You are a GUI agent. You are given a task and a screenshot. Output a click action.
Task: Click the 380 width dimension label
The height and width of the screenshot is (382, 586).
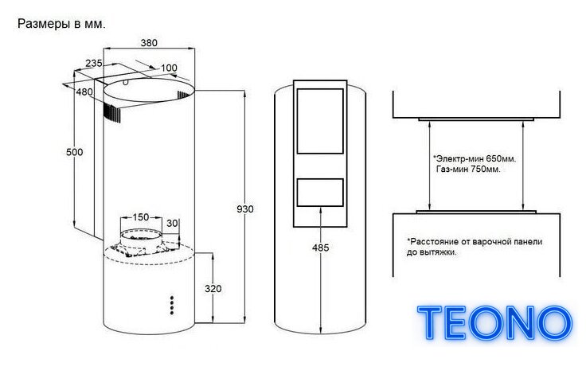coord(149,43)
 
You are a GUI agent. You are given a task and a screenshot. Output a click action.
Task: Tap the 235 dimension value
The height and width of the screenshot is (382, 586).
coord(93,64)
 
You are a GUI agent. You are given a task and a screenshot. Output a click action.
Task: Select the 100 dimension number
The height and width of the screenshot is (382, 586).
coord(169,68)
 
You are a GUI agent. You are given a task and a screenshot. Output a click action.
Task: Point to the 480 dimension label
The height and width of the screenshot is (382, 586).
coord(84,92)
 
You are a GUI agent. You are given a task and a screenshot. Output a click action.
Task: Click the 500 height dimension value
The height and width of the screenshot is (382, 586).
coord(74,152)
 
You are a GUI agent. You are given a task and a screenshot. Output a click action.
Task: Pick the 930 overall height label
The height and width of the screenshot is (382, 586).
coord(245,209)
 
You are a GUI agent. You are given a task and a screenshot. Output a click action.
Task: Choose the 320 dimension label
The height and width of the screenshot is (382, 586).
coord(213,289)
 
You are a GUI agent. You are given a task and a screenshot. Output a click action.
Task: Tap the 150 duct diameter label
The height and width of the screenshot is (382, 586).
coord(140,217)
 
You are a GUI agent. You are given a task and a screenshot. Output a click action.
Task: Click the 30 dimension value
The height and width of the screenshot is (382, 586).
coord(172,224)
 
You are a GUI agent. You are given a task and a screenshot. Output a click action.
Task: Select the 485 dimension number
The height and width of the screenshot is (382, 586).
coord(321,248)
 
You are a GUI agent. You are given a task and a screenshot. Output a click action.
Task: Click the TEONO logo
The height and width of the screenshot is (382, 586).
coord(494,323)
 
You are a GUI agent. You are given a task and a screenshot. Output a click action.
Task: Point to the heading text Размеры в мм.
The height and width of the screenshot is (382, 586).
coord(61,24)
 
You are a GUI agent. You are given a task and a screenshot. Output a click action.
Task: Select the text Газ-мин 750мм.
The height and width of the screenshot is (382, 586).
coord(468,170)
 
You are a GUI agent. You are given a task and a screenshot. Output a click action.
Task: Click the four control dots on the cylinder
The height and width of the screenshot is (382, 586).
coord(172,306)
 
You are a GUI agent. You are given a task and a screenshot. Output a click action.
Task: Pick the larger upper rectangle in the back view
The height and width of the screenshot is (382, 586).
coord(320,121)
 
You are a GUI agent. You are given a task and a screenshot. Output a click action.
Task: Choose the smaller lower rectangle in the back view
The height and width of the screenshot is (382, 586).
coord(320,193)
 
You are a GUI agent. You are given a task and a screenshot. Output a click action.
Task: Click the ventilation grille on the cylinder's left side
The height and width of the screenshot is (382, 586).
coord(112,112)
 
